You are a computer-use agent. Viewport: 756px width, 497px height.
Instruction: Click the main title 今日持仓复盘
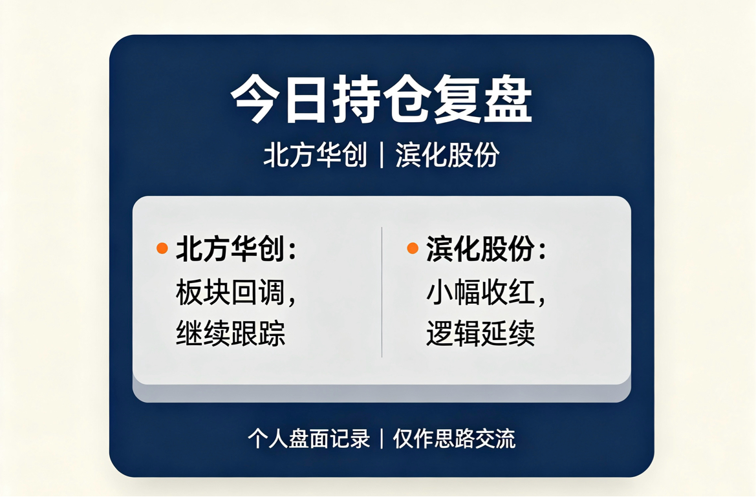pos(382,99)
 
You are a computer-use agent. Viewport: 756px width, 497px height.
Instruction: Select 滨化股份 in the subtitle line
pos(448,155)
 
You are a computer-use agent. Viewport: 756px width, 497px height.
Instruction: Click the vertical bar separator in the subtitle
pos(382,156)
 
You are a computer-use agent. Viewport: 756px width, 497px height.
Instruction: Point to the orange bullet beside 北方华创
pos(162,248)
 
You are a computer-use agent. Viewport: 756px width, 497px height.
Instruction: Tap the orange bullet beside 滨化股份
pos(413,248)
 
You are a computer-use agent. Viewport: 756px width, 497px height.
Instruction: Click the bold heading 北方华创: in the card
pos(236,249)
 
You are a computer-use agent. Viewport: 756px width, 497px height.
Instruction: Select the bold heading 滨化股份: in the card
pos(486,249)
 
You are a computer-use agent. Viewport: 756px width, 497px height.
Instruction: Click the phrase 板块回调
pos(230,291)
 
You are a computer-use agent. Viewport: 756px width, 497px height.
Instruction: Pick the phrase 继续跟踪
pos(230,333)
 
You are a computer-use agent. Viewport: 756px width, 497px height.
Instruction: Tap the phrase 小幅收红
pos(481,291)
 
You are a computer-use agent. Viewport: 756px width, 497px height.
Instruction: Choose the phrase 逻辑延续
pos(481,333)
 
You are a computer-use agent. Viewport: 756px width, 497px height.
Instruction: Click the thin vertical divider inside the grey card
pos(382,292)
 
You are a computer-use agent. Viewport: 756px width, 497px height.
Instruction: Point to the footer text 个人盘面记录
pos(309,439)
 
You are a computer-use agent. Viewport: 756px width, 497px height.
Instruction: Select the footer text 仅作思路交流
pos(454,439)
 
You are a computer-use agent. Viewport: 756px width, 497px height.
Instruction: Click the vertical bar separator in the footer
pos(382,439)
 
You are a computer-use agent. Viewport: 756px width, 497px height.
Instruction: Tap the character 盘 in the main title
pos(508,99)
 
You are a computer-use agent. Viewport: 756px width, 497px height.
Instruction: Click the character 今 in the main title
pos(255,99)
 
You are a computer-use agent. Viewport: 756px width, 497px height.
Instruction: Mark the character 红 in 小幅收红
pos(522,291)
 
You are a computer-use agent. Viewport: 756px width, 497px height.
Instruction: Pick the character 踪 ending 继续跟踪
pos(272,333)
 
